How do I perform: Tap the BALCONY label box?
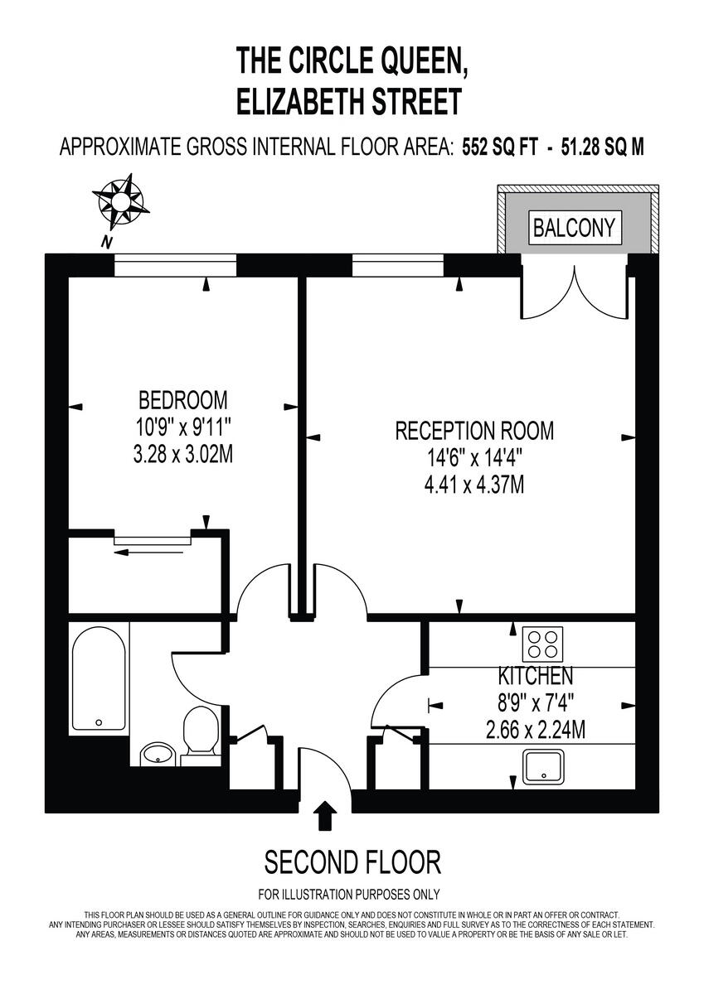pyautogui.click(x=575, y=227)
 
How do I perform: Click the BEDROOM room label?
pyautogui.click(x=182, y=401)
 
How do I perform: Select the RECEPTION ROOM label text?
pyautogui.click(x=474, y=431)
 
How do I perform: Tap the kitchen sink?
pyautogui.click(x=543, y=766)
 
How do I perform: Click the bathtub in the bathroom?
pyautogui.click(x=98, y=678)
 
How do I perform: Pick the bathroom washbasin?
pyautogui.click(x=158, y=754)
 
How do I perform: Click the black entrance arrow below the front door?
pyautogui.click(x=327, y=815)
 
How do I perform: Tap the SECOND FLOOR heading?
pyautogui.click(x=352, y=862)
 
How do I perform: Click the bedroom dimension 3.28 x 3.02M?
pyautogui.click(x=182, y=455)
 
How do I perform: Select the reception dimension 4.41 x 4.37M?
pyautogui.click(x=474, y=485)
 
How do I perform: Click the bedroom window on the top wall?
pyautogui.click(x=176, y=265)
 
